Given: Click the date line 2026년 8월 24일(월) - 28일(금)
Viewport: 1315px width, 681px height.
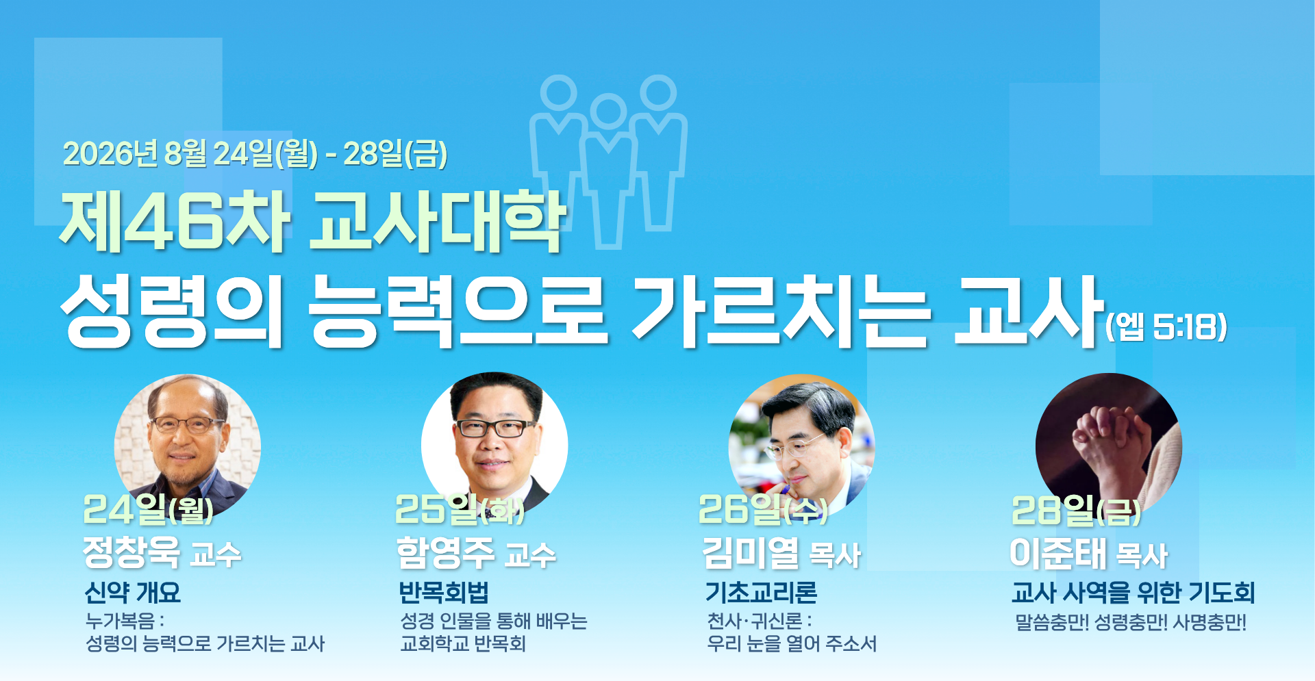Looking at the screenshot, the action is pyautogui.click(x=255, y=153).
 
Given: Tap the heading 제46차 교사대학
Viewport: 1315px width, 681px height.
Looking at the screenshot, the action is pyautogui.click(x=312, y=220).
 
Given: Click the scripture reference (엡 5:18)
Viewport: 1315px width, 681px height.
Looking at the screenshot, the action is pyautogui.click(x=1166, y=326).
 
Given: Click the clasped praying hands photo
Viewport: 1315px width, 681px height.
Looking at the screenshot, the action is pyautogui.click(x=1109, y=445).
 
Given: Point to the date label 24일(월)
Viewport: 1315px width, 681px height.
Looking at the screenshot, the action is pyautogui.click(x=148, y=509).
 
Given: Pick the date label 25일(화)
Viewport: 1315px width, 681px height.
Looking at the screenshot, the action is pyautogui.click(x=460, y=509).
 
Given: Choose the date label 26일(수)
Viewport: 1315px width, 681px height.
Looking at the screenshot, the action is pyautogui.click(x=763, y=509).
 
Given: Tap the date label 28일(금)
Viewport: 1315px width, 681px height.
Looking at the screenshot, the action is pyautogui.click(x=1077, y=511).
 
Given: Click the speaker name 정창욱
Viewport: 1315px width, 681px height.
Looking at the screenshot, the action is pyautogui.click(x=131, y=552).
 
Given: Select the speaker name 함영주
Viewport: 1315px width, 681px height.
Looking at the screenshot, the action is pyautogui.click(x=445, y=552).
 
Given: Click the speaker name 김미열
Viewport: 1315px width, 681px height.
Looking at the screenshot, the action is pyautogui.click(x=751, y=552).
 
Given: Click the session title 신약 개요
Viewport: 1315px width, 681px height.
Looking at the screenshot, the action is pyautogui.click(x=132, y=593).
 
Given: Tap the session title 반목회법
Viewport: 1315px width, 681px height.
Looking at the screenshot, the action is pyautogui.click(x=444, y=593).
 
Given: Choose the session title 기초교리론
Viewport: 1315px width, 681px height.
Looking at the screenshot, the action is pyautogui.click(x=762, y=593).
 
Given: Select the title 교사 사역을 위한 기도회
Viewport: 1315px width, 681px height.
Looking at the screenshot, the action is pyautogui.click(x=1134, y=593).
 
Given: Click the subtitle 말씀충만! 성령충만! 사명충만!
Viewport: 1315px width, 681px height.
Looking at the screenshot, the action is pyautogui.click(x=1131, y=623).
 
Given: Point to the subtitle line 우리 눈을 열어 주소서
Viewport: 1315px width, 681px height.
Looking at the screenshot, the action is pyautogui.click(x=792, y=644).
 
